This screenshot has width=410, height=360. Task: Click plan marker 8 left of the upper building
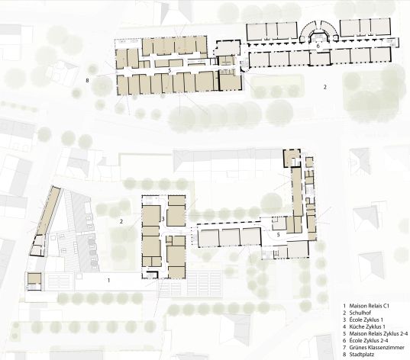pos(87,80)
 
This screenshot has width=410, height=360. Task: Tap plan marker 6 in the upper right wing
pos(318,46)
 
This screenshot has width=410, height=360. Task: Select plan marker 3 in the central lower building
pos(163,219)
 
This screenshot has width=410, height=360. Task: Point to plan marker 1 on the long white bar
pos(108,281)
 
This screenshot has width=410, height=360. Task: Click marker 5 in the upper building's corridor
pos(169,70)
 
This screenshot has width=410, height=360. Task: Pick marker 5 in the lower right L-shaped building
pos(278,235)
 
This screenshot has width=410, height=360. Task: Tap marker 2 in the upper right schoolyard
pos(325,87)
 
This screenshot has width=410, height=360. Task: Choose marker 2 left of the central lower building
pos(121,222)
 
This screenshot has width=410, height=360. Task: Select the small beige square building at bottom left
pos(34,278)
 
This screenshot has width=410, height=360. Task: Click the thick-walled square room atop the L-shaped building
pos(292,158)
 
